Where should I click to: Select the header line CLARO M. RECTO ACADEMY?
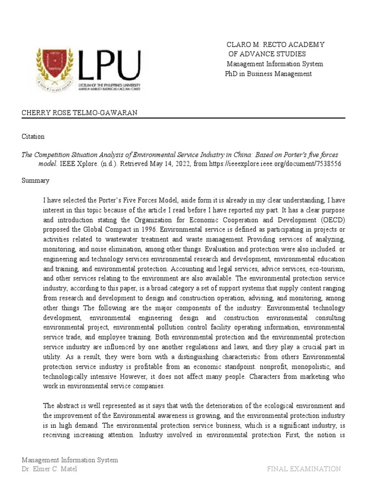tap(275, 44)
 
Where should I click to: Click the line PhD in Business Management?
tap(268, 74)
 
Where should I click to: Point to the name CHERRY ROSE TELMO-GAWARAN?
tap(79, 113)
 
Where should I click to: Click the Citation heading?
tap(33, 137)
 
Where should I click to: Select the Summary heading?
tap(35, 181)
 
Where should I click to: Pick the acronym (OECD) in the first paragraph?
tap(328, 220)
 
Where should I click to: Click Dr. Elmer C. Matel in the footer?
tap(49, 468)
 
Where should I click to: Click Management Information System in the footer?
tap(70, 460)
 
